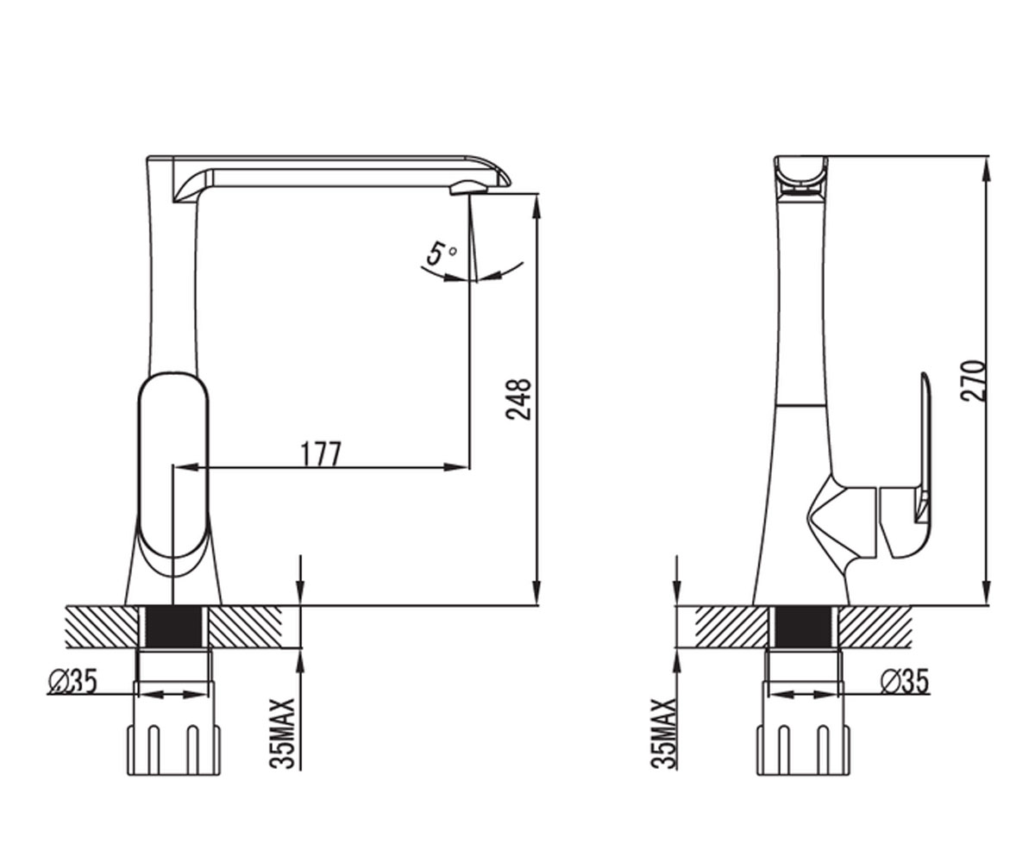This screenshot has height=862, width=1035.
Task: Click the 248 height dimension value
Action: point(518,400)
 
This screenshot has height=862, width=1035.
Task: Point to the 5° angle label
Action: point(442,253)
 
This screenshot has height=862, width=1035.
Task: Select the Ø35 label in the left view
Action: point(72,681)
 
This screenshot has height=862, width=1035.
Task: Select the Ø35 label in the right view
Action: point(905,681)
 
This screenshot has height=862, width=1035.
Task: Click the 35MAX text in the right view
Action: point(663,734)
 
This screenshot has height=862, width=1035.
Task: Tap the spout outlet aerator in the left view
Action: point(468,190)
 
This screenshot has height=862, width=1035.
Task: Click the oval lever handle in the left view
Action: point(173,465)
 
